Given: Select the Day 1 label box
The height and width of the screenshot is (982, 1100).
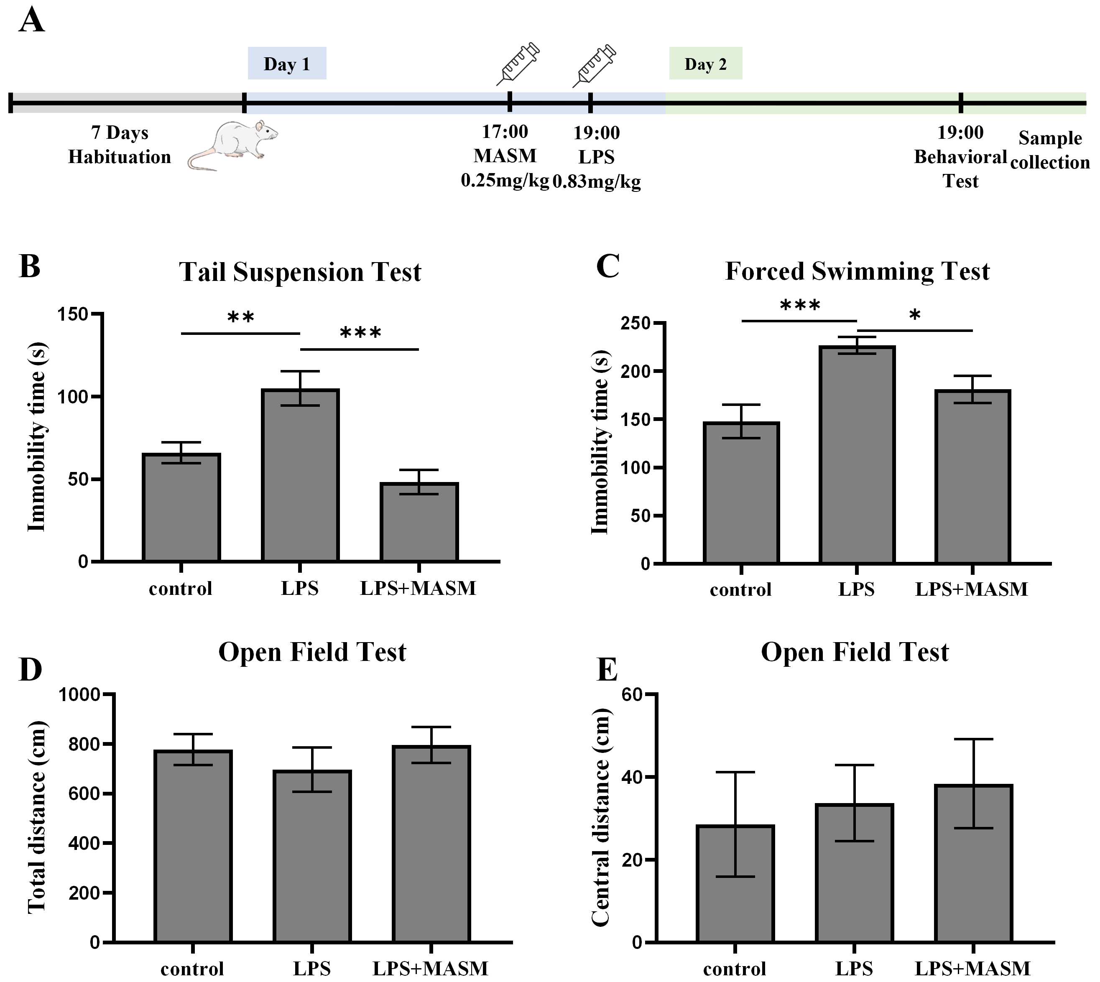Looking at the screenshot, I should (x=287, y=64).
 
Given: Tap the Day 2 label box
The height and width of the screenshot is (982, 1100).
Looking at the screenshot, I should (x=706, y=64).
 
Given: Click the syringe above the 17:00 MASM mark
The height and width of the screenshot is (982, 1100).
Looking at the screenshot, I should (x=518, y=64).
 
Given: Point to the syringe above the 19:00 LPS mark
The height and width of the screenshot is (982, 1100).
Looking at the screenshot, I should (x=595, y=65).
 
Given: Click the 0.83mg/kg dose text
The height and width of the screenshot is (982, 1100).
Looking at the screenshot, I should (x=597, y=181).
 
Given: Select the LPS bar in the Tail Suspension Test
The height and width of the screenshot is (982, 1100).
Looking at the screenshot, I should (x=300, y=475).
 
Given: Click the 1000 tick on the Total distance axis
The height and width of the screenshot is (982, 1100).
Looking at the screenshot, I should (x=80, y=694).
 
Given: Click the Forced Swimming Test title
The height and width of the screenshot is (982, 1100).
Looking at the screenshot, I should (x=857, y=271).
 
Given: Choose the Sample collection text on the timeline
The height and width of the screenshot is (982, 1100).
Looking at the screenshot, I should (x=1050, y=150).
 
